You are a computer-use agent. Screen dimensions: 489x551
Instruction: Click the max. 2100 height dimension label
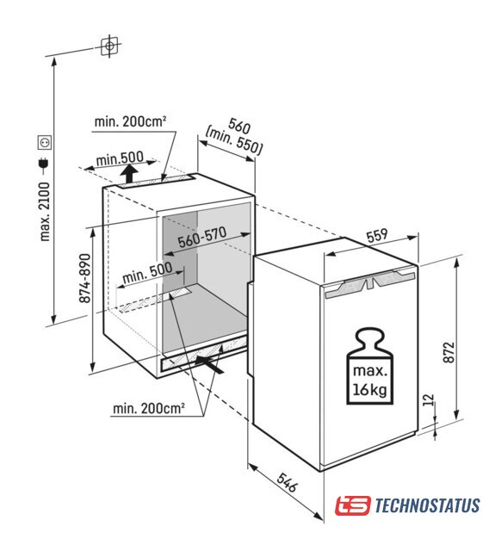point(45,211)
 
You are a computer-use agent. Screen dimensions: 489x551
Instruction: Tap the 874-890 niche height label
point(84,278)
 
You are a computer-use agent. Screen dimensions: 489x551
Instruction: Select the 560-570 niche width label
point(202,238)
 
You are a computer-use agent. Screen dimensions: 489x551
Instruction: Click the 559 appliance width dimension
point(377,235)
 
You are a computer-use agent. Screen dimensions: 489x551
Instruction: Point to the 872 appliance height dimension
point(449,352)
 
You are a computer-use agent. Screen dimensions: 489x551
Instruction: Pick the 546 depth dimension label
point(287,482)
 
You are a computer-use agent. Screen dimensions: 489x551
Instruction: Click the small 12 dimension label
point(428,399)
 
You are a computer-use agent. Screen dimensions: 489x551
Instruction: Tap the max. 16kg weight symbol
point(370,366)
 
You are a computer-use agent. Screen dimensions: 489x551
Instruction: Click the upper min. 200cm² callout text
point(130,121)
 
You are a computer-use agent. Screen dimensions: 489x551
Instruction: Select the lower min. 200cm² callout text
point(149,408)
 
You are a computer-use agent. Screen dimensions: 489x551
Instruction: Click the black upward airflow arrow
point(130,174)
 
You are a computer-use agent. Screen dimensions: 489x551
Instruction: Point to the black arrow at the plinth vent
point(209,364)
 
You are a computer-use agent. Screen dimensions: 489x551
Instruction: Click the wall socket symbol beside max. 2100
point(45,143)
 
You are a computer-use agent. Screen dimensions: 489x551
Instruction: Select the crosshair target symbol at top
point(109,46)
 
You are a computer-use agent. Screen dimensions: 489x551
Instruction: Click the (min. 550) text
point(234,141)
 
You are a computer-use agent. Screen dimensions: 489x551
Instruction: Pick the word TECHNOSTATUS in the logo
point(427,505)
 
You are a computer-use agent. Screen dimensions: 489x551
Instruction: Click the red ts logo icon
point(353,505)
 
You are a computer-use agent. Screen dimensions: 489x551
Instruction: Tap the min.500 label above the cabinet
point(120,158)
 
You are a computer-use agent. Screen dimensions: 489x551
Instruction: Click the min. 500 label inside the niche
point(147,273)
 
